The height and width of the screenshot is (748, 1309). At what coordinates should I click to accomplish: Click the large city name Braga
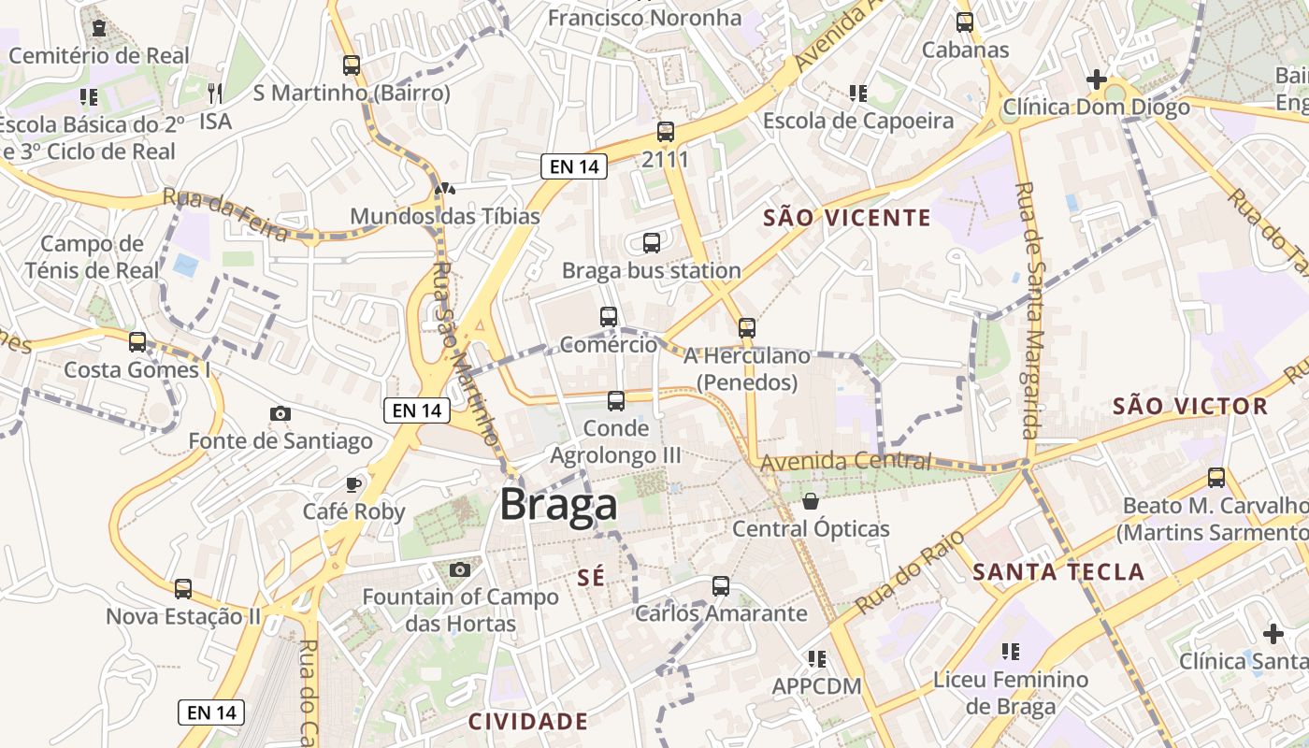tap(558, 505)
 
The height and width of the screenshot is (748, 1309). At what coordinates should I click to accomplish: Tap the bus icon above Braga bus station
tap(652, 243)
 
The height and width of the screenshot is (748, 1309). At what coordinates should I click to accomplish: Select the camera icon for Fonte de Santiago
tap(280, 413)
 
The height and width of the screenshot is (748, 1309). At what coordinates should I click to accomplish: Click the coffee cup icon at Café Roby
tap(353, 483)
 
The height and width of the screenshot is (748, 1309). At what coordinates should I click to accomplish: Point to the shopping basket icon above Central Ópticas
tap(811, 501)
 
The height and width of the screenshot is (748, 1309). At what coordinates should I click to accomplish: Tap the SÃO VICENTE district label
tap(847, 219)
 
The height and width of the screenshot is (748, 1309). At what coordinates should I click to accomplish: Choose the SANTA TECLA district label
tap(1058, 572)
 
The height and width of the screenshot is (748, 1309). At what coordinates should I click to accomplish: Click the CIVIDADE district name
tap(528, 722)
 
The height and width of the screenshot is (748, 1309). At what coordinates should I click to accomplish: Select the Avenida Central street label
tap(845, 462)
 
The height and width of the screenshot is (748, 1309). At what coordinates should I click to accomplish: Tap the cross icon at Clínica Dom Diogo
tap(1096, 79)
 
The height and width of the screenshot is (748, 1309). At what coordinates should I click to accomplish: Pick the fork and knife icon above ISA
tap(215, 93)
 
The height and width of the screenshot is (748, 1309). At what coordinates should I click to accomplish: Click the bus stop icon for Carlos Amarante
tap(721, 586)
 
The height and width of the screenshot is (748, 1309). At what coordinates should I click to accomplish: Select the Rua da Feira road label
tap(225, 214)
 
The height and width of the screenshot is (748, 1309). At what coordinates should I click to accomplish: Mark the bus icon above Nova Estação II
tap(183, 589)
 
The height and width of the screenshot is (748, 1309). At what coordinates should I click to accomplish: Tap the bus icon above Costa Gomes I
tap(137, 342)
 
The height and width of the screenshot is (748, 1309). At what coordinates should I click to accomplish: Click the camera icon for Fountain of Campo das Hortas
tap(459, 569)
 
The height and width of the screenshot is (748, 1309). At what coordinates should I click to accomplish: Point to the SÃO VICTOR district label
tap(1190, 407)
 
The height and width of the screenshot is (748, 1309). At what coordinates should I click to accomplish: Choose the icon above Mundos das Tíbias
tap(445, 189)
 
